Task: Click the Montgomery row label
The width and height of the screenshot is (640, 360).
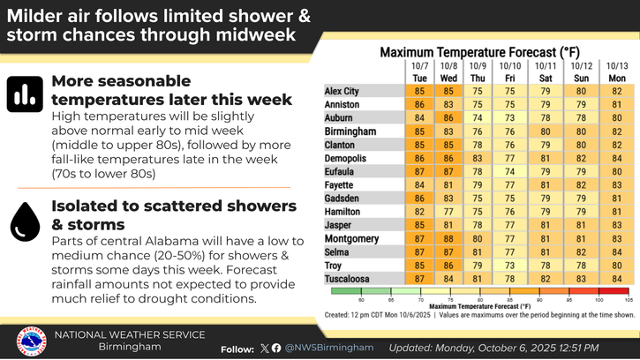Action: click(x=352, y=238)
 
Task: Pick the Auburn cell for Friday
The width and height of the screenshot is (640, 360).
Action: click(x=509, y=116)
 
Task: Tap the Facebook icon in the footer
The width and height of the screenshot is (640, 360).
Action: click(x=277, y=348)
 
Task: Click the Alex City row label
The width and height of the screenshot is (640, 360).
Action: click(x=342, y=90)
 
